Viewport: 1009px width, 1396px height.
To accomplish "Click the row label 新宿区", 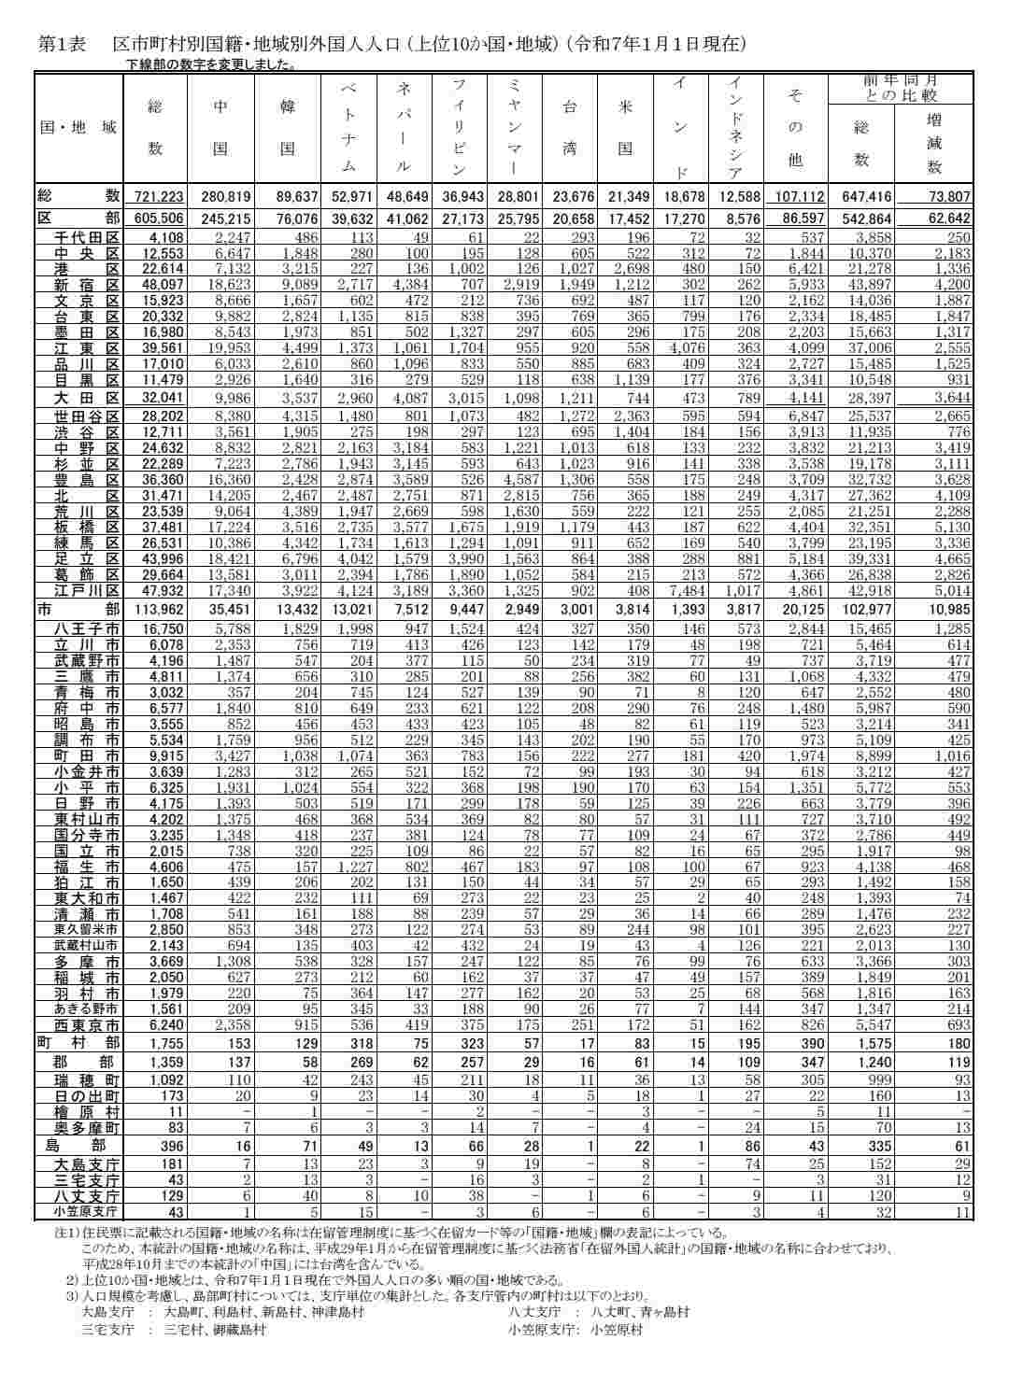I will tap(87, 284).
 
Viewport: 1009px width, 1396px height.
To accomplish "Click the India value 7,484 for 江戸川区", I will tap(690, 590).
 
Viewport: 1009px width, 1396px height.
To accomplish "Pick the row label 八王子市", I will tap(87, 629).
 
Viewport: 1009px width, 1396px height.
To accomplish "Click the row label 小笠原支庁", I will tap(85, 1212).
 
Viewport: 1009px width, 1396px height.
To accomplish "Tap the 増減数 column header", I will tap(933, 144).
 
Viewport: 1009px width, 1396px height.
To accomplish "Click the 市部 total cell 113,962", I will tap(157, 610).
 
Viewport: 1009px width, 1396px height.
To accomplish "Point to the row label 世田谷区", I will tap(87, 416).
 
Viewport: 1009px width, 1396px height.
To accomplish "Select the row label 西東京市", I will tap(87, 1023).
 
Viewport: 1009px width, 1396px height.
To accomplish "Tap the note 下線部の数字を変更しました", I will tap(211, 64).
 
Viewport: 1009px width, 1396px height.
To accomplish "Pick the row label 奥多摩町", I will tap(87, 1127).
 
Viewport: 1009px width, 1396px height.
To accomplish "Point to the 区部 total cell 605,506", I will tap(157, 217).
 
